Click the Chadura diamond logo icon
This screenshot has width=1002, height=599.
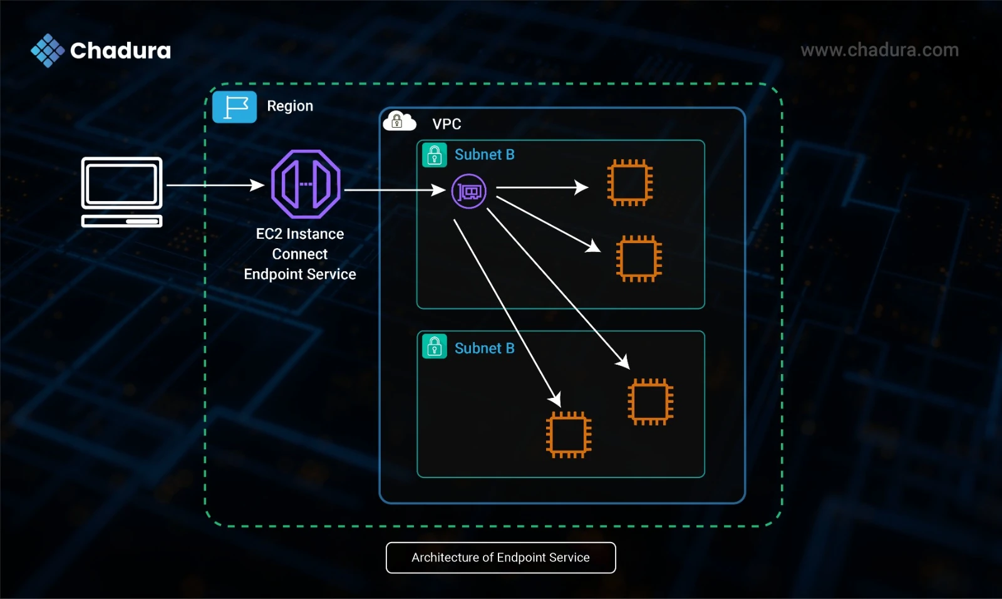(48, 51)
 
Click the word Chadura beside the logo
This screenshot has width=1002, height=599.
(120, 51)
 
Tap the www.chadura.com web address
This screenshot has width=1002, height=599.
(879, 50)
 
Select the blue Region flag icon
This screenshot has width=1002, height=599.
(234, 107)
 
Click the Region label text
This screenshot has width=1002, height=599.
(290, 106)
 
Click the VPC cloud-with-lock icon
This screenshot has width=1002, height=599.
(399, 121)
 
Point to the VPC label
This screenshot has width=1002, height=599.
(447, 124)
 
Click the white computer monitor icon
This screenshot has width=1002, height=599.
(121, 192)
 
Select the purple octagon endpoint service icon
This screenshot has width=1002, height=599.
(306, 184)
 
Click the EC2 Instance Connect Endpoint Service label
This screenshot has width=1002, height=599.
(300, 254)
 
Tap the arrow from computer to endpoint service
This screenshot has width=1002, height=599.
(215, 185)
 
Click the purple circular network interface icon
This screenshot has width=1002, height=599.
(468, 192)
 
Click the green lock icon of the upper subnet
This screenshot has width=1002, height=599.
(435, 155)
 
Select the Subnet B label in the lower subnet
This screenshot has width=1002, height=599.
(485, 348)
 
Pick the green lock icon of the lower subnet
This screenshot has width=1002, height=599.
(435, 346)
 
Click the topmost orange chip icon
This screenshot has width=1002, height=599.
(630, 183)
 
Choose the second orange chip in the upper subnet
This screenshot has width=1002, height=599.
(639, 259)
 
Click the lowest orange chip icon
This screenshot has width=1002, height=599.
(569, 435)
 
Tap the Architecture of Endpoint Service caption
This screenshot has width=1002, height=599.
(500, 558)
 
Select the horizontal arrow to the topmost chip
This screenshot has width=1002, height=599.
(542, 187)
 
